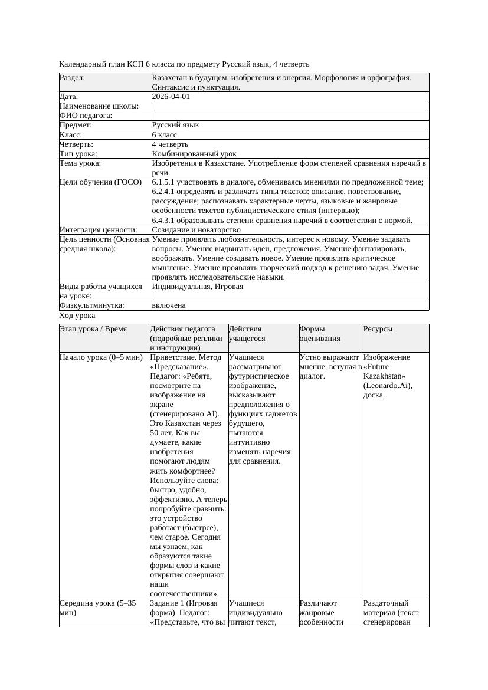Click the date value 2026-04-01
coord(171,97)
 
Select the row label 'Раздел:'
coord(72,78)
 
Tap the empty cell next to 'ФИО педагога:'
coord(290,116)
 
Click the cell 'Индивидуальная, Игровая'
coord(198,287)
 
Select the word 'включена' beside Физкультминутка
coord(169,305)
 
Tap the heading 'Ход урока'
coord(77,316)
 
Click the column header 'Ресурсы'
coord(378,329)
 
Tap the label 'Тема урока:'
coord(80,163)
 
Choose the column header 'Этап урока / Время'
coord(93,329)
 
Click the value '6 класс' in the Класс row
coord(165,135)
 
